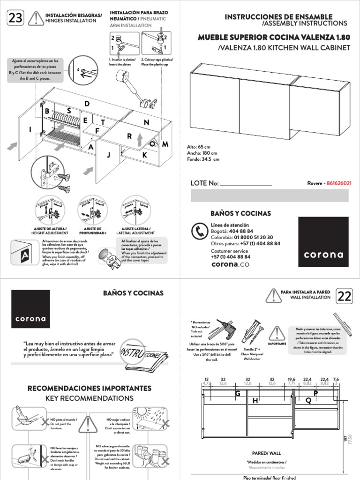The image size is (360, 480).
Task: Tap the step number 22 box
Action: (344, 296)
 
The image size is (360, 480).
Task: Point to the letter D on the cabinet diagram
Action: (87, 104)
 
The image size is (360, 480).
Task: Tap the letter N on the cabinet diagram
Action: (146, 122)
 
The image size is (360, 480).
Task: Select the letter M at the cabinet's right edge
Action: (165, 143)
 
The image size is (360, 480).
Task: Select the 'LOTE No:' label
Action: (205, 183)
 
